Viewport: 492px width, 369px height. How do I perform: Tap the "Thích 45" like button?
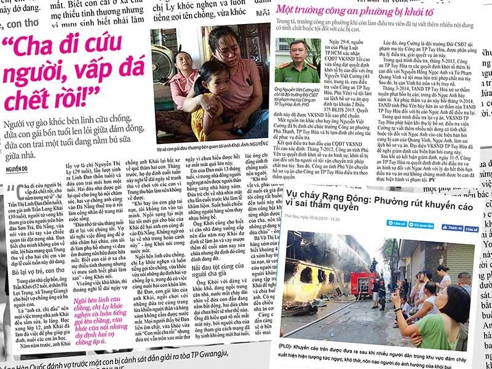pos(452,228)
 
